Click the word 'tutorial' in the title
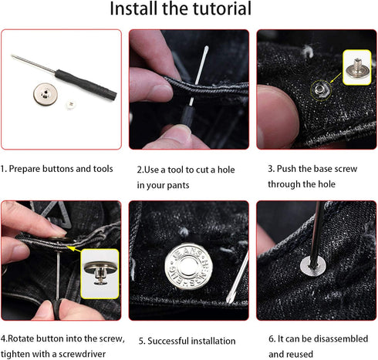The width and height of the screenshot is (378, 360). pyautogui.click(x=218, y=10)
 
